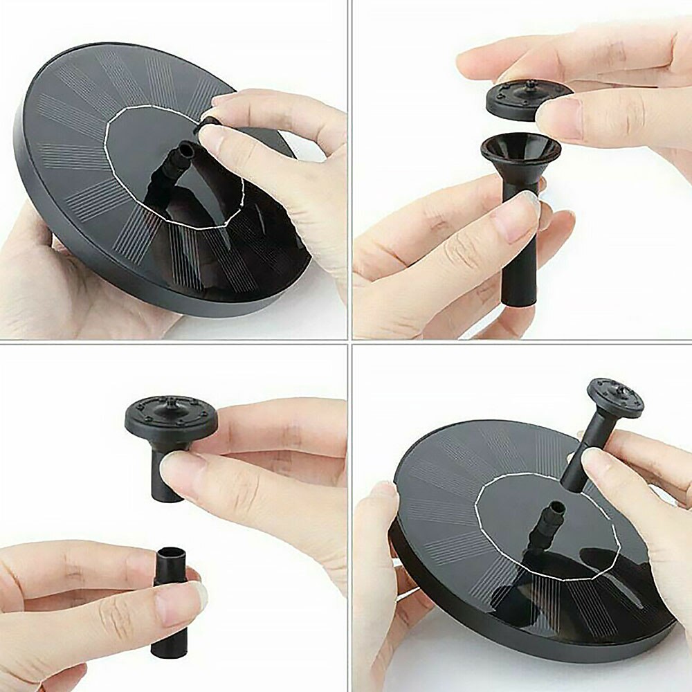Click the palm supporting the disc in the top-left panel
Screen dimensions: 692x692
(x=42, y=277)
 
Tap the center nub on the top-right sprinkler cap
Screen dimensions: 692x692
(x=529, y=84)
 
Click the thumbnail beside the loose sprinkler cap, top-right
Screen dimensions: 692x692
(x=559, y=111)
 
